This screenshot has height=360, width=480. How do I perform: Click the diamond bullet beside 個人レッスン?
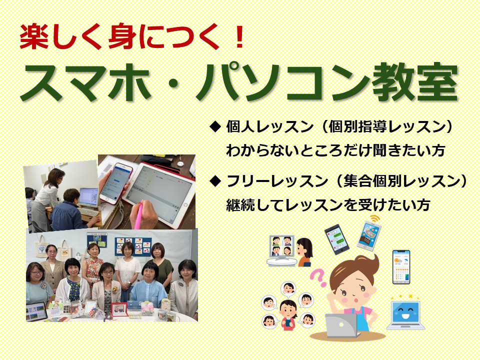[x=215, y=126]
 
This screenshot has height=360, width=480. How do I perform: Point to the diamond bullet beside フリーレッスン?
[x=215, y=181]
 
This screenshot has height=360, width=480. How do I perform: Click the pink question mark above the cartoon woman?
[x=318, y=277]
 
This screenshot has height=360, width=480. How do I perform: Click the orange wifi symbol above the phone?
[x=374, y=218]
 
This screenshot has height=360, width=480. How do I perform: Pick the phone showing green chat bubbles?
[x=336, y=239]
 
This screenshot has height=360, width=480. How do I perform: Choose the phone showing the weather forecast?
[x=401, y=267]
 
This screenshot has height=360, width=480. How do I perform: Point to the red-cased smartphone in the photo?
[x=116, y=183]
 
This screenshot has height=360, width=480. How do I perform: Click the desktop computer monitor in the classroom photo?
[x=89, y=198]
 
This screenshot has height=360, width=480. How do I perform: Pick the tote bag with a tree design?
[x=41, y=249]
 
